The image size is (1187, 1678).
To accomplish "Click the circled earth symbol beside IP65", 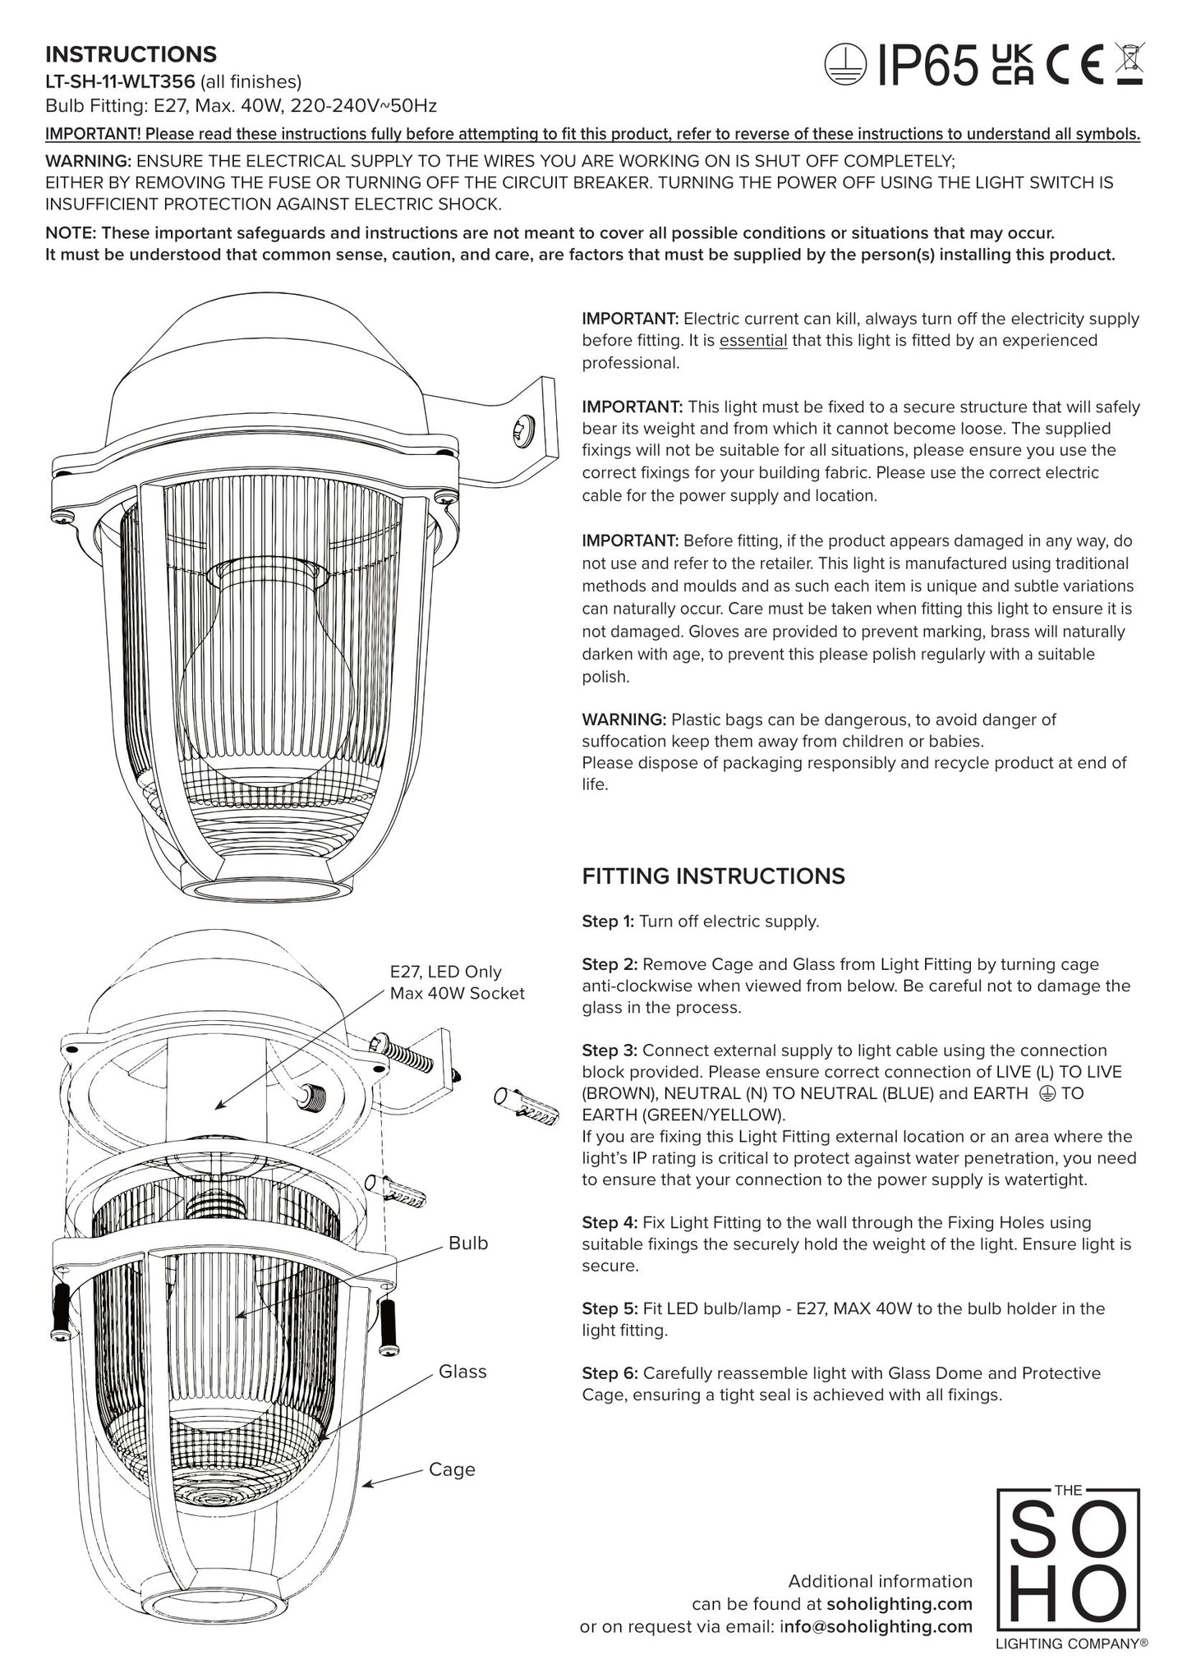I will [x=846, y=66].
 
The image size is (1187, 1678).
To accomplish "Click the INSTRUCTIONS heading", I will [x=131, y=54].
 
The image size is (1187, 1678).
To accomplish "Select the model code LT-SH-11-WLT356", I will [x=120, y=81].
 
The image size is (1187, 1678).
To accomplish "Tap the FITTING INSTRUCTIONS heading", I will [x=713, y=876].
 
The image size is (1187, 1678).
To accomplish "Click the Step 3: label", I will [x=610, y=1050].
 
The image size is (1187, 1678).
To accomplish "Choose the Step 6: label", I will [x=610, y=1373].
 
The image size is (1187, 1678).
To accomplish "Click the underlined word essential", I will [x=752, y=340].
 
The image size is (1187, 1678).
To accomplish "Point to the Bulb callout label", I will [x=468, y=1244].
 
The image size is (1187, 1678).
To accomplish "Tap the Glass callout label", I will [x=462, y=1372].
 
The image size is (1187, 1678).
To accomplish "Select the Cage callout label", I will [x=452, y=1469].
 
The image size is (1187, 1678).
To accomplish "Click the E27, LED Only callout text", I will [x=445, y=972].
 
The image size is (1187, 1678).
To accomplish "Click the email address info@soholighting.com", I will [x=876, y=1626].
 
